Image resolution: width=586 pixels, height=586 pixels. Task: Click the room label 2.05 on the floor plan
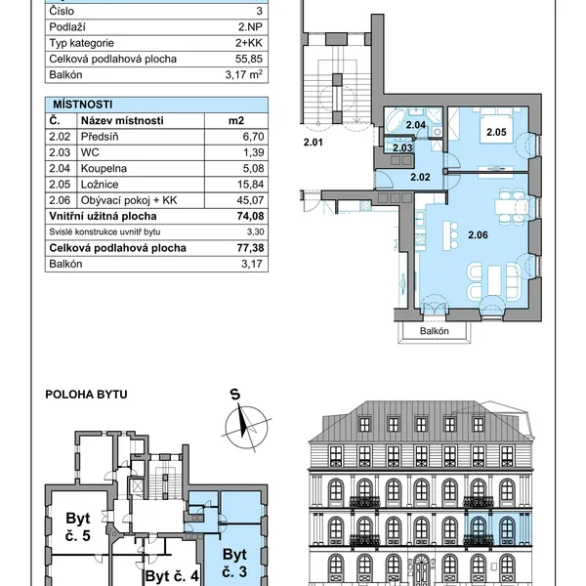[496, 132]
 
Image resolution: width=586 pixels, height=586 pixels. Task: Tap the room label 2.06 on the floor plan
[478, 235]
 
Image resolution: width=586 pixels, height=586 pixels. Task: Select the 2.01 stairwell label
[313, 143]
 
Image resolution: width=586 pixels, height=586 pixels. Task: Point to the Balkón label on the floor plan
[435, 331]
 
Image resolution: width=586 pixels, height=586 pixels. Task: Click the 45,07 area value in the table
[250, 200]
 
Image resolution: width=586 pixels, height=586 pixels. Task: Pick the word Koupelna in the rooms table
[104, 169]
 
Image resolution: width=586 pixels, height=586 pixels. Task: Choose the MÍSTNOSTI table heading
[83, 105]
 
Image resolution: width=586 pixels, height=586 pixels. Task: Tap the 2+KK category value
[249, 43]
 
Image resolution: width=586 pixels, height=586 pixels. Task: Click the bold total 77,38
[250, 248]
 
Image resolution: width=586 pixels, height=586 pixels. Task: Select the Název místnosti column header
[122, 121]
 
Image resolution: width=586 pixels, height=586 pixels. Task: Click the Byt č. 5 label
[78, 527]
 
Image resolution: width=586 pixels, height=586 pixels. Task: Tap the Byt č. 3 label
[234, 563]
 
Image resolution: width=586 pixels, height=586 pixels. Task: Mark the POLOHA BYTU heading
[86, 395]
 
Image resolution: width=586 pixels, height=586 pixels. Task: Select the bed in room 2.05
[497, 126]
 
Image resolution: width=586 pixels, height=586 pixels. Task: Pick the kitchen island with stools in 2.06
[450, 235]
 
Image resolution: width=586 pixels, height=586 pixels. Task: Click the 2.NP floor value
[250, 27]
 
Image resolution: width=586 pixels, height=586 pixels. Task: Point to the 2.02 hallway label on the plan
[420, 177]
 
